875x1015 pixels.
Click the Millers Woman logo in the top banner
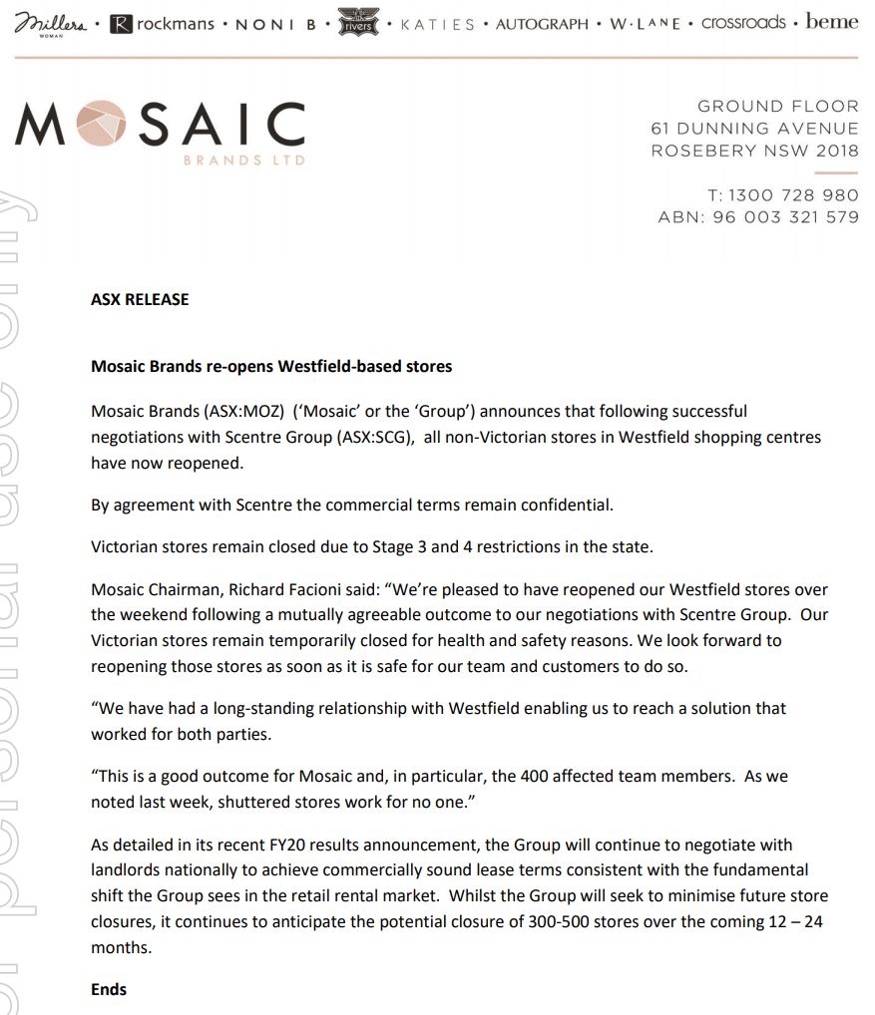click(51, 23)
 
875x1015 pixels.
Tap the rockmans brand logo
click(163, 23)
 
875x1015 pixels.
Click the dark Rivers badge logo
click(359, 22)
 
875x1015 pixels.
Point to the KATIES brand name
click(437, 24)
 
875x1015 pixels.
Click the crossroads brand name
click(743, 22)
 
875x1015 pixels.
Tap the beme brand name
click(832, 22)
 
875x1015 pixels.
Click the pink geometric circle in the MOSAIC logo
click(100, 126)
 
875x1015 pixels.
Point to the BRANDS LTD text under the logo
click(245, 161)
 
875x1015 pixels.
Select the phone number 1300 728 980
click(793, 195)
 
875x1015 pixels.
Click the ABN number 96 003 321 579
click(785, 217)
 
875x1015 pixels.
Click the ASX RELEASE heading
click(140, 299)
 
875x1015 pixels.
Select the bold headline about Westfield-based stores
click(271, 367)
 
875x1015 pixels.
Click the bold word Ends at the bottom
click(109, 989)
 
